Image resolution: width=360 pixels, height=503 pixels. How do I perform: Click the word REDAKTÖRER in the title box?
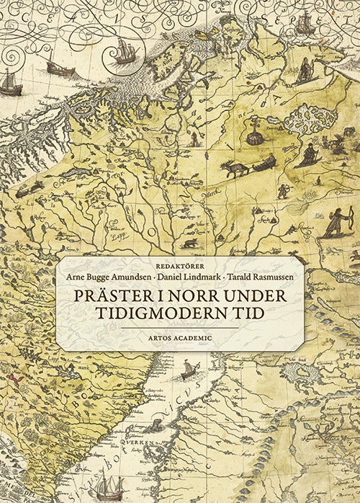pos(180,264)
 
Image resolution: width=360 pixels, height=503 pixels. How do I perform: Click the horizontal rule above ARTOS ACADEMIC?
pos(180,327)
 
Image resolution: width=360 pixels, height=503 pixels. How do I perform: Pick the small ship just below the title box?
pos(189,370)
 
